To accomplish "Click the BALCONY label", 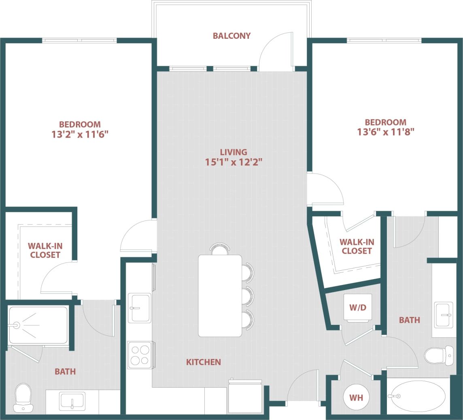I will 231,36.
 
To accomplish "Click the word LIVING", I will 234,152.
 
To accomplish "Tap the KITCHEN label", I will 203,362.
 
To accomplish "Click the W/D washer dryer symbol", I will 357,308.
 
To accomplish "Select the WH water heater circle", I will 356,398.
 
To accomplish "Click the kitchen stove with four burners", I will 140,355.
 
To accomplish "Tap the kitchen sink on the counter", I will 140,308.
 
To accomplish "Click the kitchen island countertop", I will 220,295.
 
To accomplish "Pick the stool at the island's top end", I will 220,249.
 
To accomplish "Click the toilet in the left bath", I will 23,397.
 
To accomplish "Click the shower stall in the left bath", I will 38,325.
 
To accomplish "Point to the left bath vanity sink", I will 72,401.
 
